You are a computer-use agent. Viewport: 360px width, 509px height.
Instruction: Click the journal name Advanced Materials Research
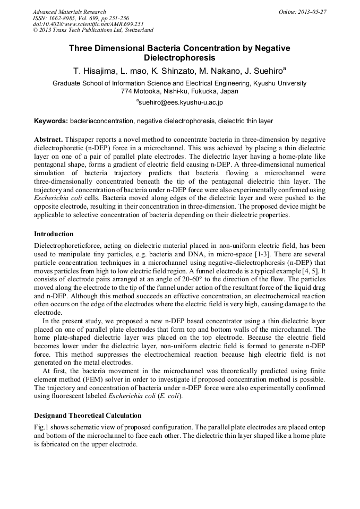click(x=69, y=12)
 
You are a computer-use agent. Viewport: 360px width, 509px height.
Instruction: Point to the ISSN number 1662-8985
click(x=64, y=18)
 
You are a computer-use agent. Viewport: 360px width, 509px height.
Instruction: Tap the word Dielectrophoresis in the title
click(x=179, y=57)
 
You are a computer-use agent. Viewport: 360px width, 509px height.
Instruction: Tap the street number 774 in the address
click(x=127, y=91)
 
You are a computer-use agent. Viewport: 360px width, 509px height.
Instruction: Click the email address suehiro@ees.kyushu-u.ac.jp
click(x=181, y=102)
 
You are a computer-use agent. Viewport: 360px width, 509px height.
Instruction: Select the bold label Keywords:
click(x=51, y=121)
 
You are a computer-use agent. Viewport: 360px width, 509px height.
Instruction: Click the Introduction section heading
click(x=54, y=234)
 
